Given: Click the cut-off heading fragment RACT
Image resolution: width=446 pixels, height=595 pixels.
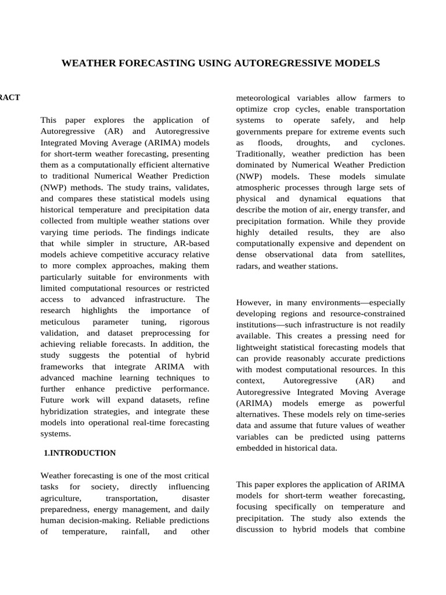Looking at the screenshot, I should [x=10, y=97].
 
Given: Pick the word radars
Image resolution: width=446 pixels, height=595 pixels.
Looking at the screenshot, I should [x=250, y=266].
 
